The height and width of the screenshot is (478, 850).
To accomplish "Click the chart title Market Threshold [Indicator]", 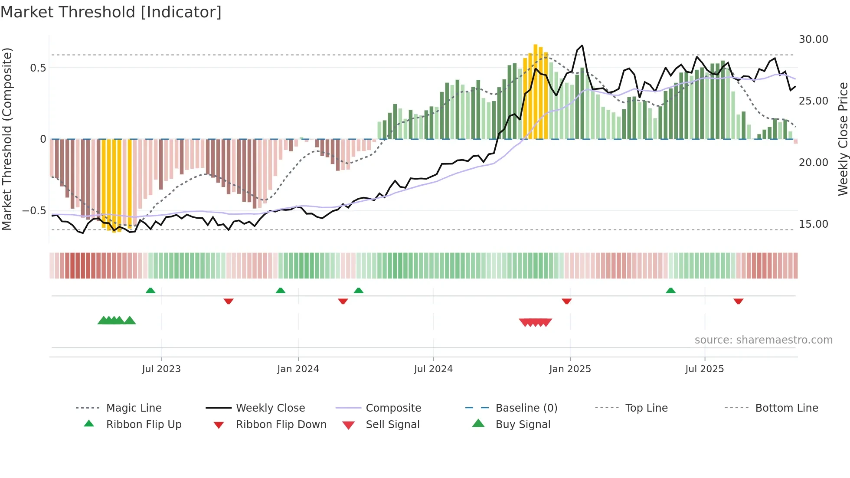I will (111, 12).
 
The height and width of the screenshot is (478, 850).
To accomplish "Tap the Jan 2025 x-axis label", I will (570, 369).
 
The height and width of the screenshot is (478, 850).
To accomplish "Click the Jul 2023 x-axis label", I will (161, 369).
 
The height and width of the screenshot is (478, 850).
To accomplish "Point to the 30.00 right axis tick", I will (813, 39).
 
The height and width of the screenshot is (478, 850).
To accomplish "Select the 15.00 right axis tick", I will (813, 224).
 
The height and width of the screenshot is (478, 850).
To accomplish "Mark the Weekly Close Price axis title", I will (843, 139).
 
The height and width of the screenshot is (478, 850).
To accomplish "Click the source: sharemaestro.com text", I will (763, 340).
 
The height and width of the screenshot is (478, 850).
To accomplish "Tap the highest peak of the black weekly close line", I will (582, 46).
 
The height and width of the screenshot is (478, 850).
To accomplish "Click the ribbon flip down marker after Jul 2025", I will (738, 301).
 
